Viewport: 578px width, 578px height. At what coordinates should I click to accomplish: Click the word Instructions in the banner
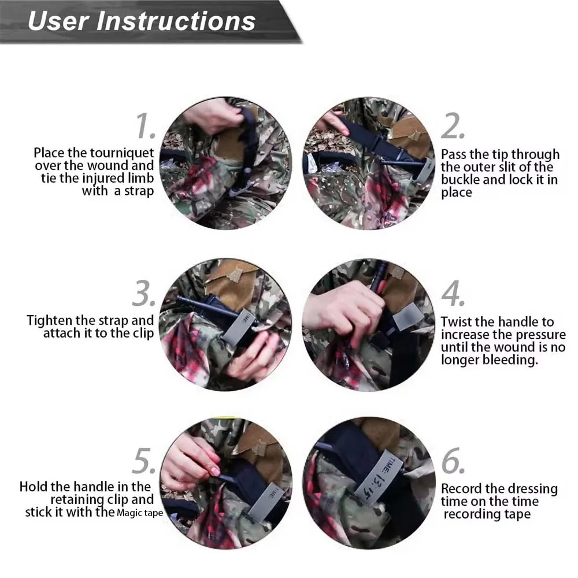pyautogui.click(x=176, y=21)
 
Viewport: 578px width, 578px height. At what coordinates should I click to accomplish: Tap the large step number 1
pyautogui.click(x=146, y=126)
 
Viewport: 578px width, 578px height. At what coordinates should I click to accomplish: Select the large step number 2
pyautogui.click(x=453, y=126)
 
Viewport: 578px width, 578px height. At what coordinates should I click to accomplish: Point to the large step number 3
pyautogui.click(x=144, y=294)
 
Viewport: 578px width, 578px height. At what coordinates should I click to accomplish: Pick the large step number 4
pyautogui.click(x=453, y=294)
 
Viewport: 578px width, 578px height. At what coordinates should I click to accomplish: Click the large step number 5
pyautogui.click(x=144, y=461)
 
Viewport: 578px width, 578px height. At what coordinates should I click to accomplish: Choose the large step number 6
pyautogui.click(x=453, y=461)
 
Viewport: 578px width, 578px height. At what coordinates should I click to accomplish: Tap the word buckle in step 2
pyautogui.click(x=460, y=180)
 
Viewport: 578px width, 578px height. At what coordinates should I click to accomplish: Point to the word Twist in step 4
pyautogui.click(x=457, y=322)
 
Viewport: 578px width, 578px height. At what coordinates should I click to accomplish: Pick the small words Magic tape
pyautogui.click(x=140, y=513)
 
